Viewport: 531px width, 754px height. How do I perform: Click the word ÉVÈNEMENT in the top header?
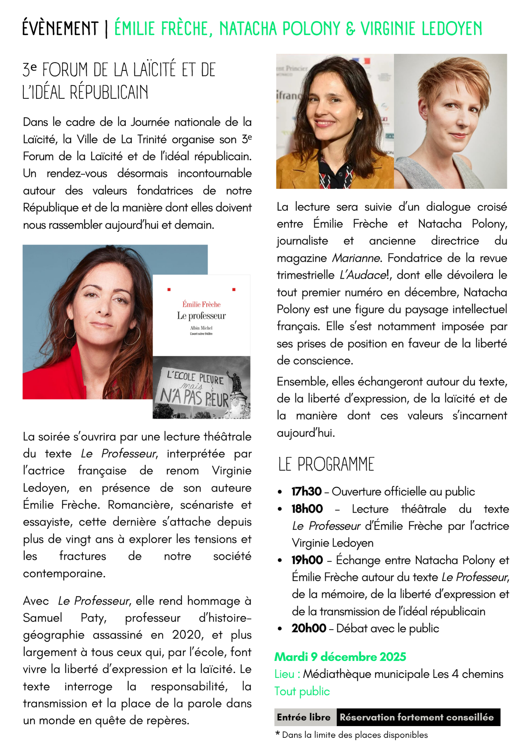pyautogui.click(x=60, y=29)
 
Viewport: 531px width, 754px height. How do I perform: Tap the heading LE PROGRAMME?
pyautogui.click(x=326, y=464)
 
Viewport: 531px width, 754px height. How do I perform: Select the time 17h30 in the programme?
pyautogui.click(x=306, y=492)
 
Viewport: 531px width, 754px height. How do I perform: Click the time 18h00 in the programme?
pyautogui.click(x=307, y=509)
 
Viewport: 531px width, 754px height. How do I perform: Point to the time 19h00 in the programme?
pyautogui.click(x=307, y=560)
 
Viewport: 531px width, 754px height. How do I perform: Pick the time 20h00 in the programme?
pyautogui.click(x=309, y=628)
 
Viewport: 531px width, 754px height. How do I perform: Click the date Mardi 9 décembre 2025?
pyautogui.click(x=340, y=657)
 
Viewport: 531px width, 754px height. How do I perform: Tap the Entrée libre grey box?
pyautogui.click(x=304, y=717)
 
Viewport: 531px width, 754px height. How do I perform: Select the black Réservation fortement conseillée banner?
pyautogui.click(x=417, y=717)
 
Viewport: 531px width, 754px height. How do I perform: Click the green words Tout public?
pyautogui.click(x=302, y=691)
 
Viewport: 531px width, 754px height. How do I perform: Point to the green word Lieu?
pyautogui.click(x=285, y=674)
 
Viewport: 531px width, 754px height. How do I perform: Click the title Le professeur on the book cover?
pyautogui.click(x=201, y=316)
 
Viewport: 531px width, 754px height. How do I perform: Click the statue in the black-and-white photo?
pyautogui.click(x=237, y=383)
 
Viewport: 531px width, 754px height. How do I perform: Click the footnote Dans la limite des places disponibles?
pyautogui.click(x=355, y=735)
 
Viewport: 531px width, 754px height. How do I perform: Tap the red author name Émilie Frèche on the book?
pyautogui.click(x=201, y=304)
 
